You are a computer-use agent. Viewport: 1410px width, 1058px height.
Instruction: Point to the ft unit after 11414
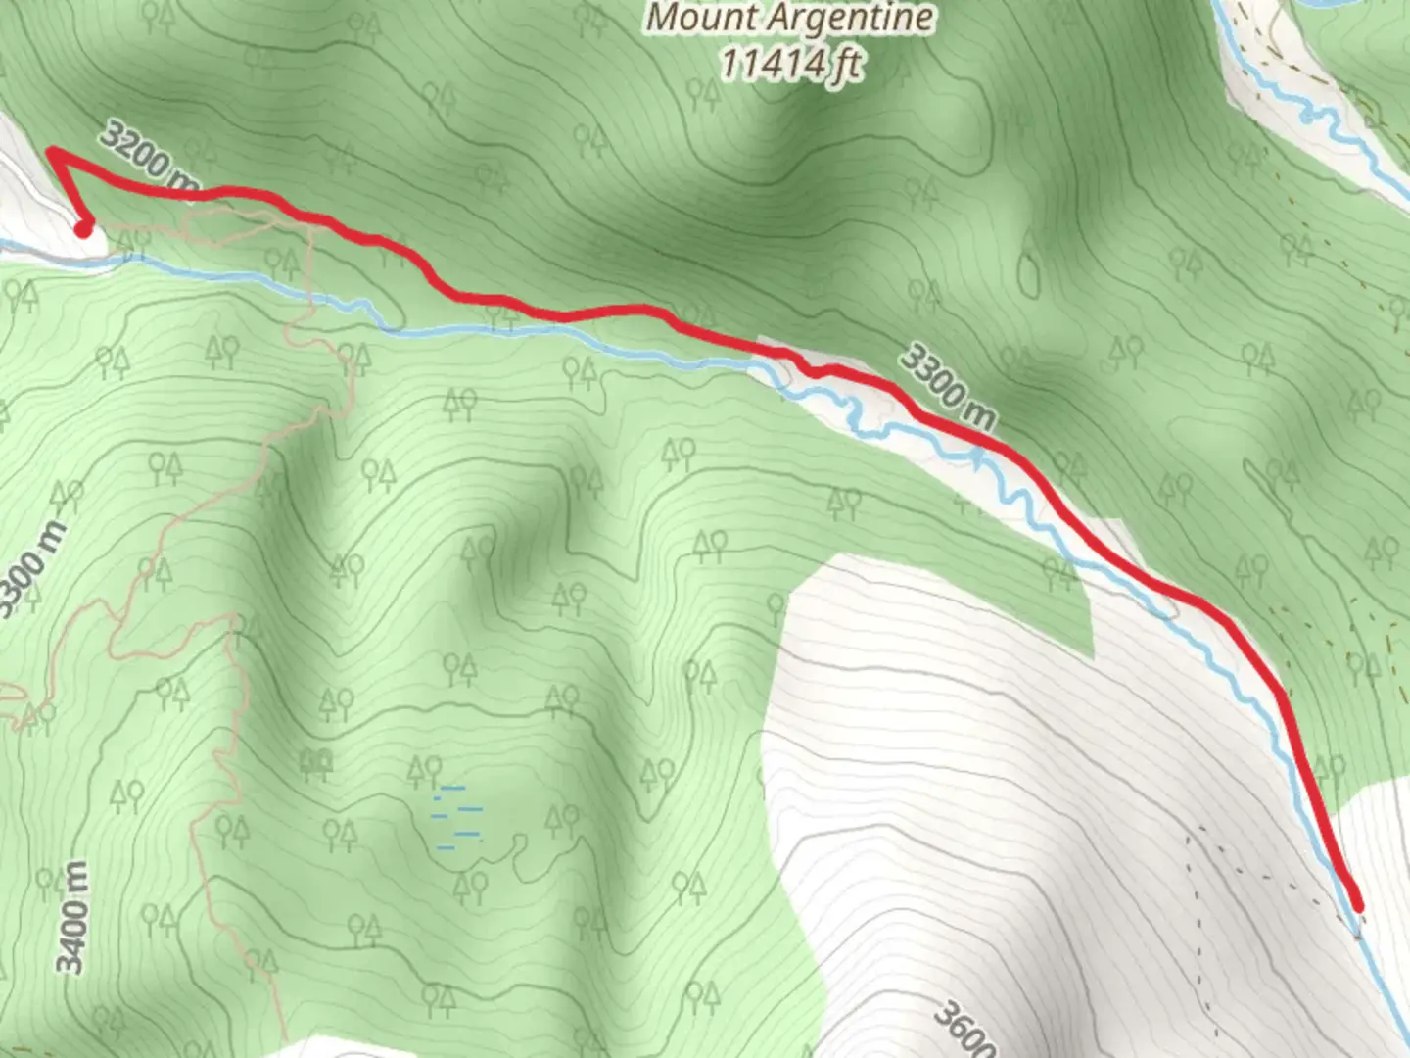point(847,64)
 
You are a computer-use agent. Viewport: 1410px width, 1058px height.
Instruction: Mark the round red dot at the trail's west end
point(84,229)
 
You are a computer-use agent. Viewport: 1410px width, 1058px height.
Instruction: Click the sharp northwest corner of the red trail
point(51,150)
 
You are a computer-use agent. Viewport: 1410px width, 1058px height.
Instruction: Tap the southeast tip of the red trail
point(1357,907)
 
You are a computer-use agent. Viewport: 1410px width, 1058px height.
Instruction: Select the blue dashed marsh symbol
point(458,816)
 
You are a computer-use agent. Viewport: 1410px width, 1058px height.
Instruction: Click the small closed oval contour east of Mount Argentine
point(1028,273)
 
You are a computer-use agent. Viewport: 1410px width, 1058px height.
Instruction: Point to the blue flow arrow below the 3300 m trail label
point(978,457)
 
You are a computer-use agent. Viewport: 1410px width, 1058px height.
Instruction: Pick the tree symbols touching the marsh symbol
point(425,771)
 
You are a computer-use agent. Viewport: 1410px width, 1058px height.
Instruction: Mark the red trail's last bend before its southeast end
point(1282,694)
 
